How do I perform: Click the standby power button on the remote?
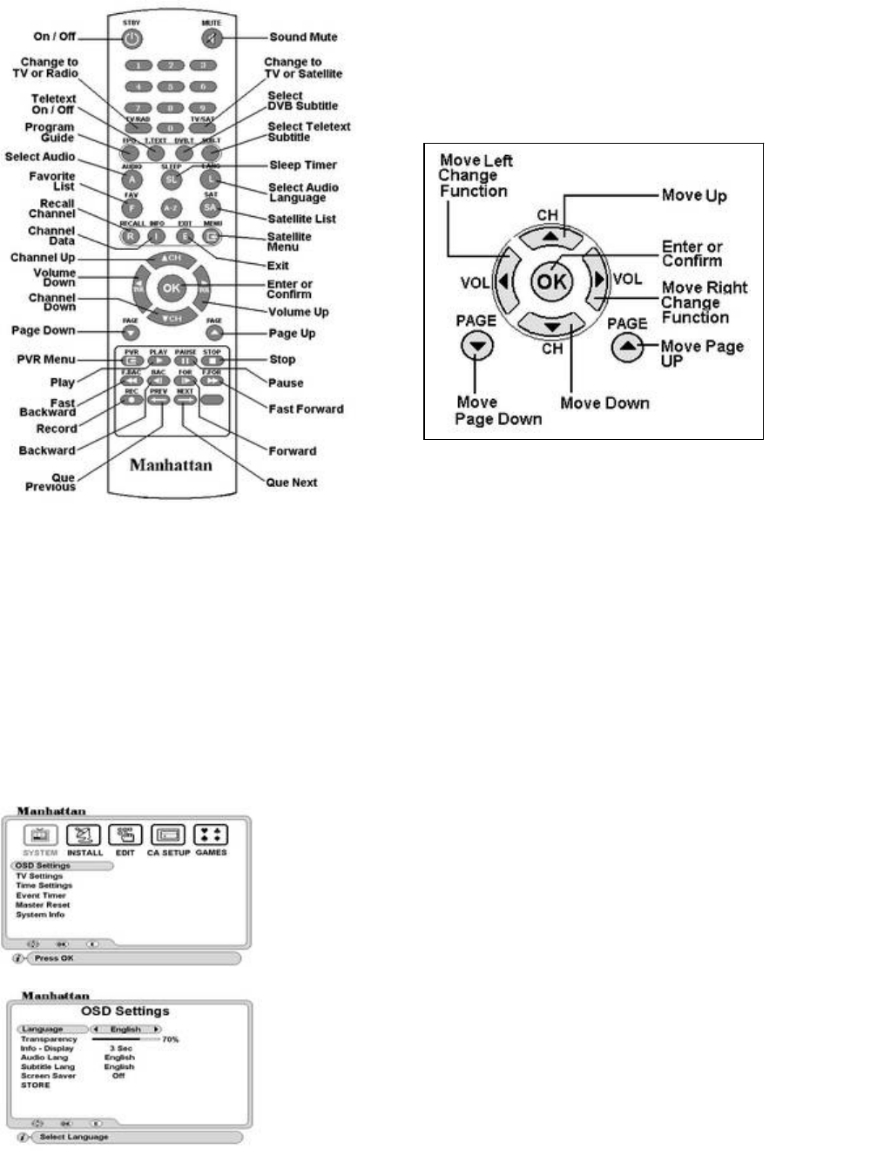click(131, 38)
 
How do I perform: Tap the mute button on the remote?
click(212, 38)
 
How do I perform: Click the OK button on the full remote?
click(171, 287)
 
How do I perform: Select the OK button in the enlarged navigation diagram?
click(551, 281)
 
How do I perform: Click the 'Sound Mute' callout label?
click(303, 37)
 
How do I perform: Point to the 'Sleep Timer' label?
click(302, 165)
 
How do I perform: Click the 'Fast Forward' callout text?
click(306, 409)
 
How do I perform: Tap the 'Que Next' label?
click(292, 483)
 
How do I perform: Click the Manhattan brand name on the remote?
click(171, 465)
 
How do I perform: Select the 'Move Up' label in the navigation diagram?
click(694, 195)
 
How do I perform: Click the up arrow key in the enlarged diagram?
click(551, 235)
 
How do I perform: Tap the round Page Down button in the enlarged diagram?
click(476, 347)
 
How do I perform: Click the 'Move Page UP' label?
click(702, 353)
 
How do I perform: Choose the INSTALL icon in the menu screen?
click(84, 835)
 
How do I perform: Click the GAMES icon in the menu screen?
click(211, 835)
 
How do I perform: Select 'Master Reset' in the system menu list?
click(42, 905)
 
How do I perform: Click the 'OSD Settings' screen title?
click(125, 1011)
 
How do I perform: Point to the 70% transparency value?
click(170, 1039)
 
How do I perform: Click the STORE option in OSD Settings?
click(36, 1085)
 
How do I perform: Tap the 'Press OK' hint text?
click(54, 958)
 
